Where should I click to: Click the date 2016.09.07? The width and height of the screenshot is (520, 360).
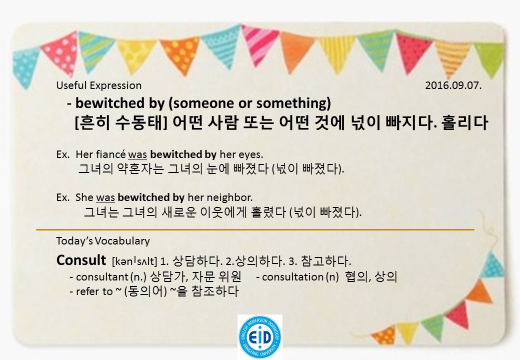[453, 85]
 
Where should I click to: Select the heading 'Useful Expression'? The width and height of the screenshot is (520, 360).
[99, 85]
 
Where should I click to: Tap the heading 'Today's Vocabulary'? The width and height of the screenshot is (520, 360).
[103, 241]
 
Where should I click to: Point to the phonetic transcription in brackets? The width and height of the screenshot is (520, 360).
[135, 261]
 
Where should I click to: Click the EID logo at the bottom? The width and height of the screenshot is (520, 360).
[259, 336]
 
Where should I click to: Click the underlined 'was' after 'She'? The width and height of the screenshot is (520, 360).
[105, 197]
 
